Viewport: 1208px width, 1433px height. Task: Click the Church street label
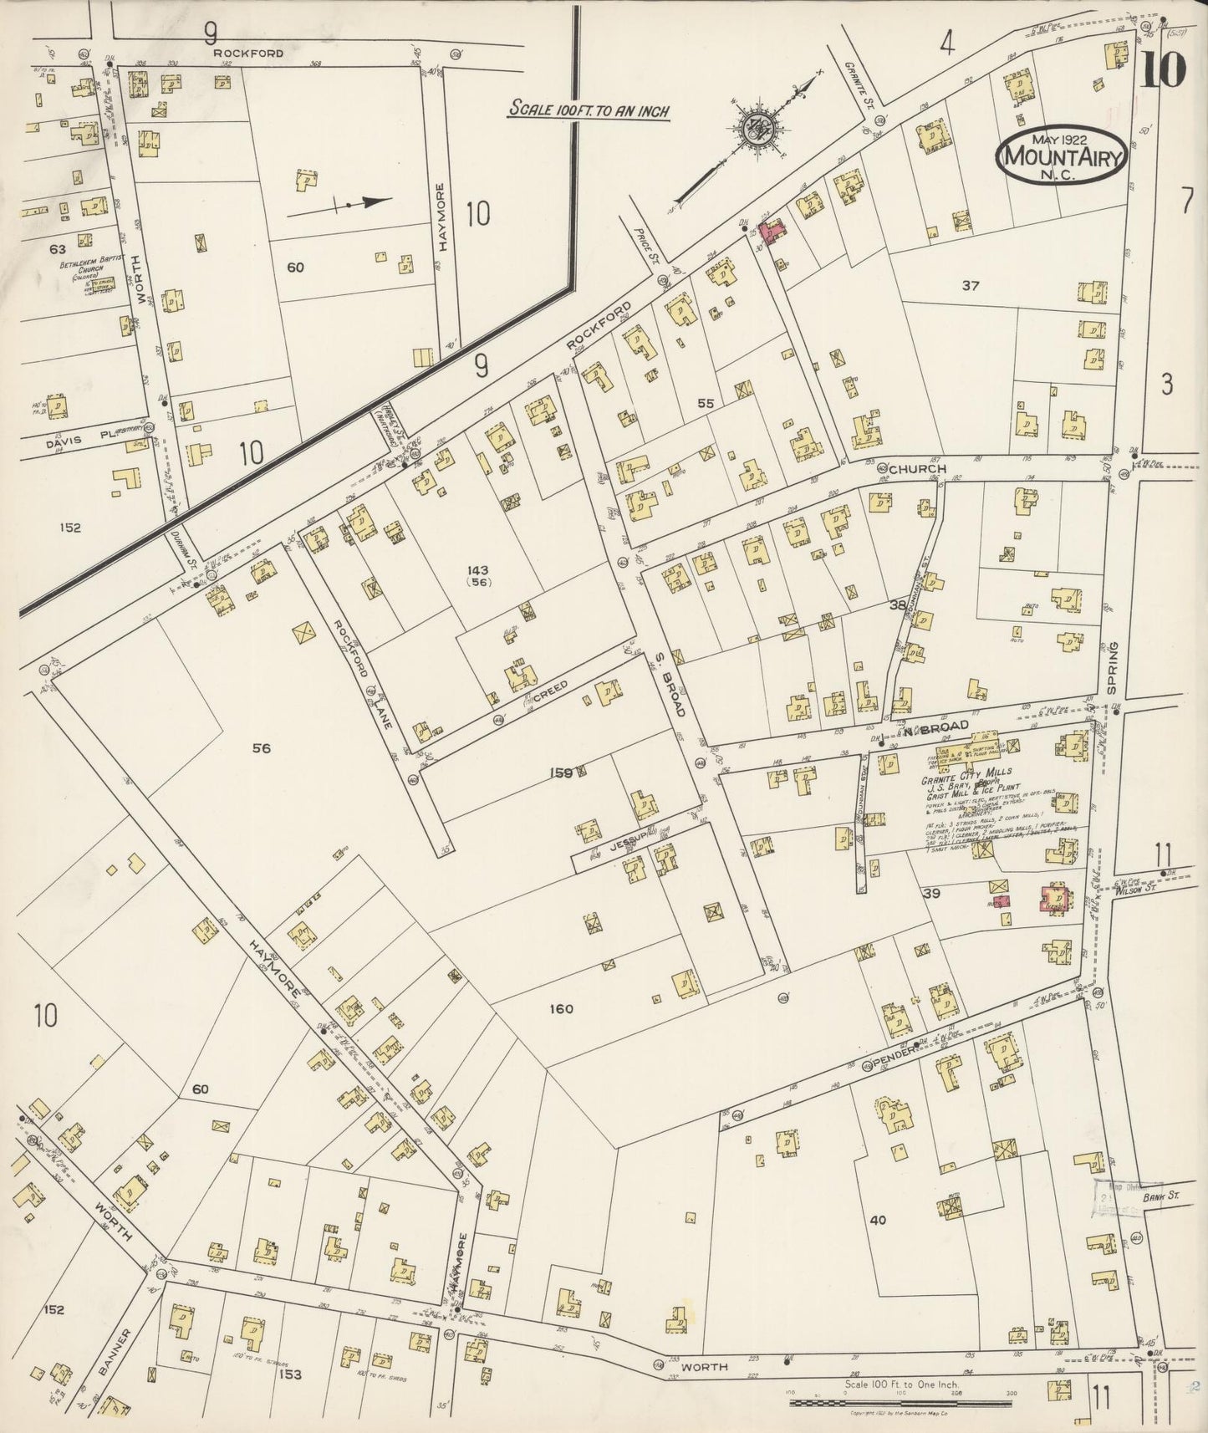coord(917,469)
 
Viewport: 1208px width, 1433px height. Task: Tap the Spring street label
coord(1112,668)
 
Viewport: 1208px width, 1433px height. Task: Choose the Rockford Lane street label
coord(359,675)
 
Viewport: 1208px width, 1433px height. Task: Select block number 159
coord(561,773)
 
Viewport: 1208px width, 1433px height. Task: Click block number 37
coord(970,286)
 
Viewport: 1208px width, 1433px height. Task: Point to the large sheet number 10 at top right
coord(1162,70)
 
